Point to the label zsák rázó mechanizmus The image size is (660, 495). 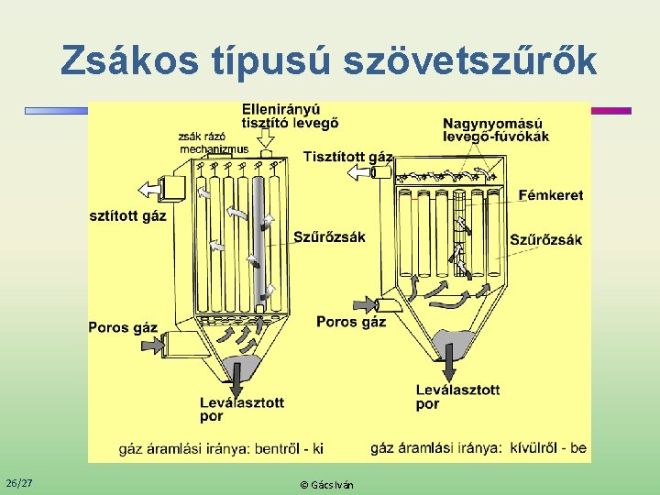(213, 143)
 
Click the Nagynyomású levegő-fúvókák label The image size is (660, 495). (495, 130)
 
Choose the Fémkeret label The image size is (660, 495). (550, 195)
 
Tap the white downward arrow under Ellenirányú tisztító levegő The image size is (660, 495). (266, 137)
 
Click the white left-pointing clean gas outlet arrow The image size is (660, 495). (148, 189)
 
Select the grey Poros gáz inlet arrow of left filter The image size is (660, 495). (149, 345)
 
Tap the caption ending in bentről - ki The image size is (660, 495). (221, 449)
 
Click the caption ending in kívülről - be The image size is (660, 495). (478, 448)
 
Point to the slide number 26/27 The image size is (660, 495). (19, 482)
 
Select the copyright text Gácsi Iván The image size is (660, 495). (326, 484)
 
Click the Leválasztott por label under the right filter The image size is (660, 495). (457, 397)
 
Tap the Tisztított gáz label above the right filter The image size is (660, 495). (347, 157)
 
